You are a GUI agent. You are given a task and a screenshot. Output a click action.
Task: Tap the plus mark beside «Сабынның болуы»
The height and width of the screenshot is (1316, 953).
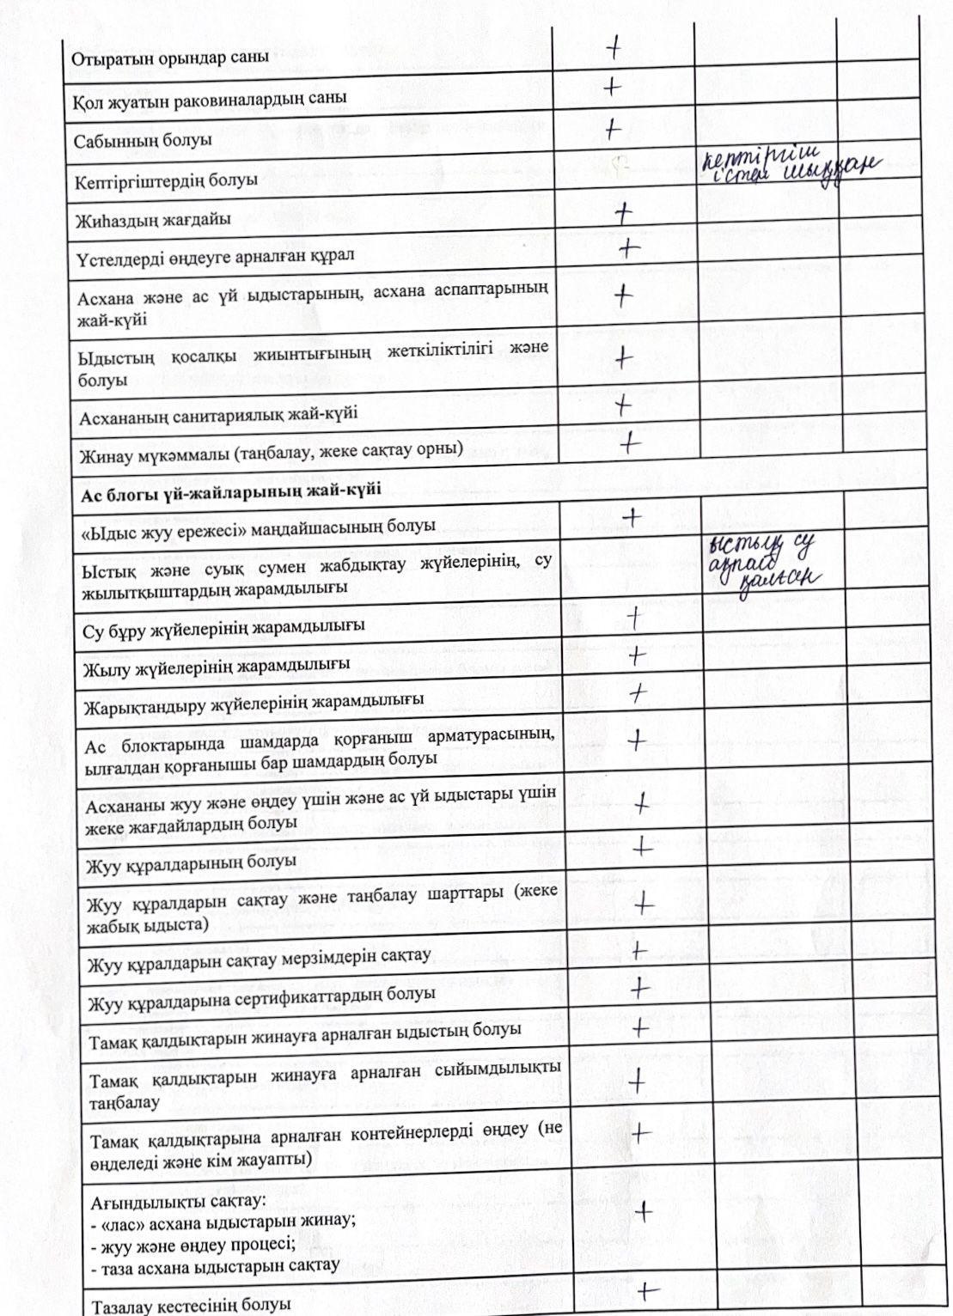[612, 129]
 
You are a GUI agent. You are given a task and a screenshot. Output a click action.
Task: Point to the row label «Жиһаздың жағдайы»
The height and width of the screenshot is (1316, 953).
[153, 219]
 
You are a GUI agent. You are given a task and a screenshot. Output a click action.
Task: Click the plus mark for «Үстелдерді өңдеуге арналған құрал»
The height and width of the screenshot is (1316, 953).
[629, 249]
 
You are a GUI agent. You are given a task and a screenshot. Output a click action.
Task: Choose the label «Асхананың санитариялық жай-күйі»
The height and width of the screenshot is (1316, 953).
[218, 415]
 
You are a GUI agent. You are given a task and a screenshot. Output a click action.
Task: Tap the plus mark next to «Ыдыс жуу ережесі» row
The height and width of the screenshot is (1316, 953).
[632, 516]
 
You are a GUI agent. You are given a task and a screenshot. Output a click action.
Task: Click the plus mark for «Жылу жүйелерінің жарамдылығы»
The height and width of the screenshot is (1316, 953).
[636, 656]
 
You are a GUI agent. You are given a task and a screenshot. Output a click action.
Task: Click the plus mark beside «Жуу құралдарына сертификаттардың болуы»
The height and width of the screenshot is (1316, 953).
[638, 989]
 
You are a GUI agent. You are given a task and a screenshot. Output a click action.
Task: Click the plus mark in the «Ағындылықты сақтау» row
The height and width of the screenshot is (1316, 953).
[643, 1211]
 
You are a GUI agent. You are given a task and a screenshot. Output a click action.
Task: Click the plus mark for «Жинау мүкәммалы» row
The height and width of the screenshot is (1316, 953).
[631, 443]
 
